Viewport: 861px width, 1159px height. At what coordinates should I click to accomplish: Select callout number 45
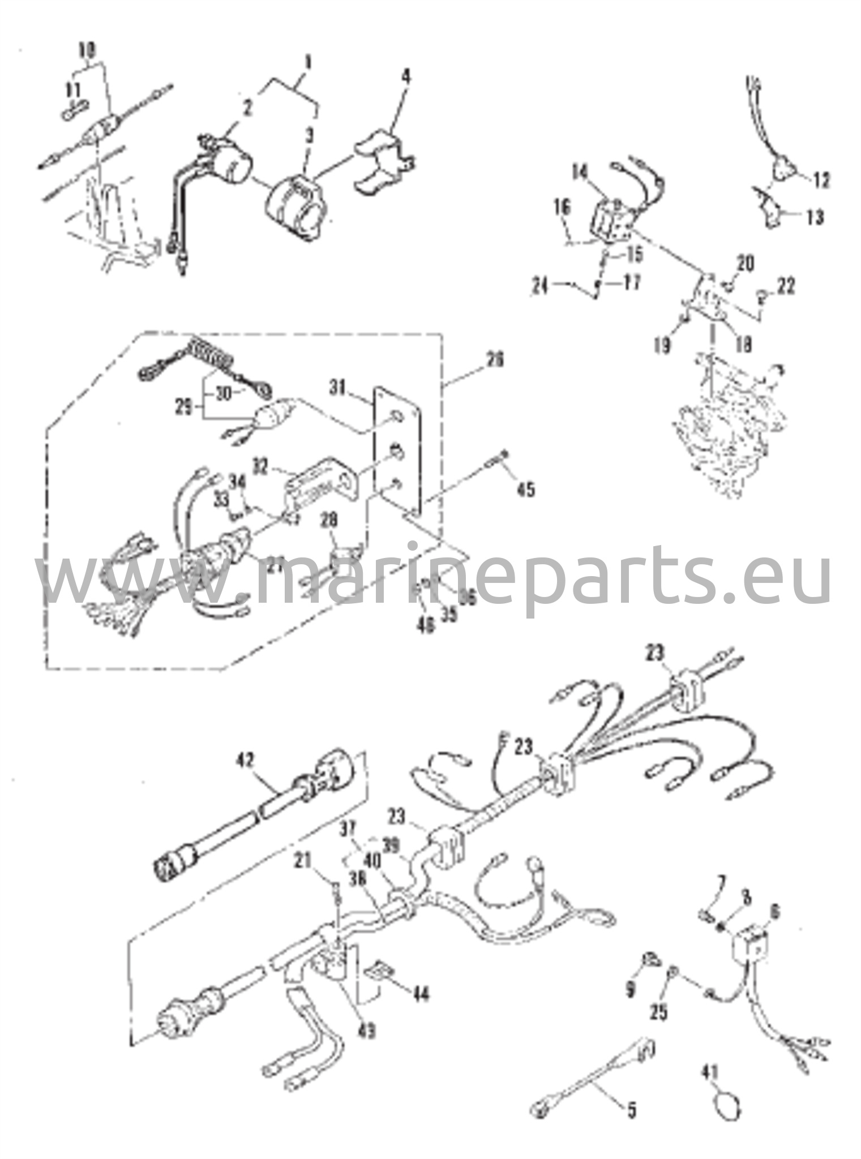[526, 488]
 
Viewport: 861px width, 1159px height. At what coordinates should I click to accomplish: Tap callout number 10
[87, 50]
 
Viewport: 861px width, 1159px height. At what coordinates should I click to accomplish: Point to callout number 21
[303, 862]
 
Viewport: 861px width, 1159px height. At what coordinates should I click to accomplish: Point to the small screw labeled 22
[763, 294]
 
